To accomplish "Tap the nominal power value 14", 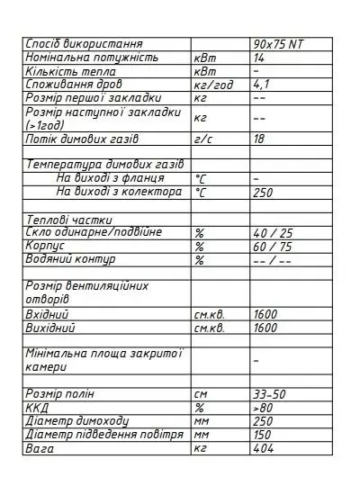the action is [260, 57].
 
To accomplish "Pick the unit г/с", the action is [202, 139].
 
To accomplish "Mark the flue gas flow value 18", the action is [260, 139].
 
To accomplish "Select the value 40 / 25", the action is [271, 232].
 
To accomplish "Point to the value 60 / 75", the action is [271, 245].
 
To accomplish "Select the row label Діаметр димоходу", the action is [77, 421].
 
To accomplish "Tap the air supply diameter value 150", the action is [263, 435].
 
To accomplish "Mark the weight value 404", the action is [263, 448].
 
